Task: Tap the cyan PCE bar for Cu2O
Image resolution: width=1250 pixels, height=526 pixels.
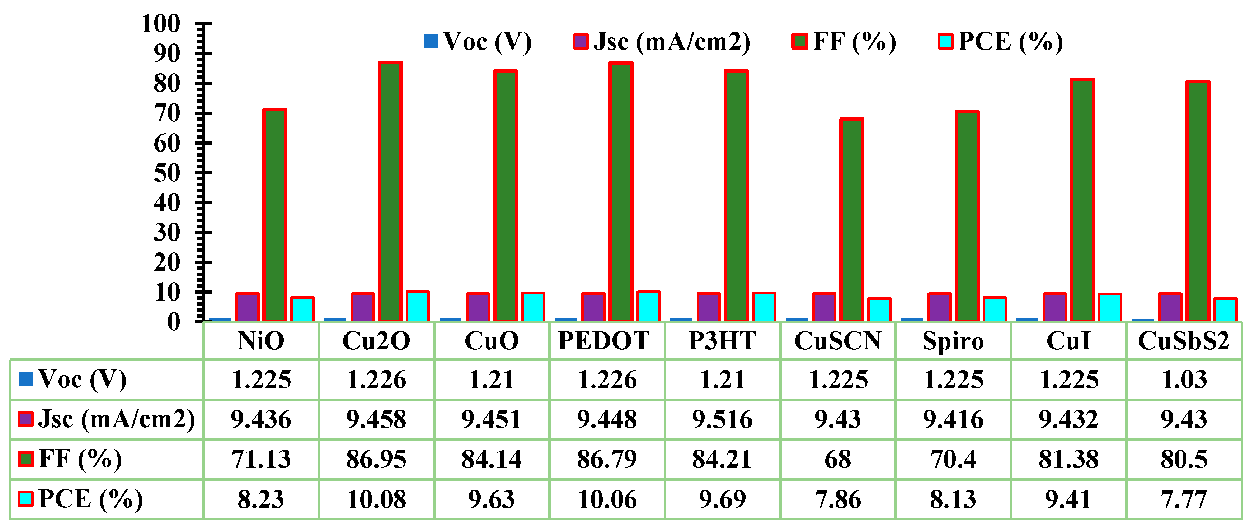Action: pos(418,307)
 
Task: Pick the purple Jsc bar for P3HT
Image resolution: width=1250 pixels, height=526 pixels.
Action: pos(709,307)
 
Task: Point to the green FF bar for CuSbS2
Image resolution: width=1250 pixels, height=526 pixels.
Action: pos(1198,201)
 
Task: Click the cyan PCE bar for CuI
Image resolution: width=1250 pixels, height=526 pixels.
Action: pos(1110,307)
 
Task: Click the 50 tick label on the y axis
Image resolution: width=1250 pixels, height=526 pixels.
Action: pos(167,173)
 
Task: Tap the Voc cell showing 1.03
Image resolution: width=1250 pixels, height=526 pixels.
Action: pos(1184,379)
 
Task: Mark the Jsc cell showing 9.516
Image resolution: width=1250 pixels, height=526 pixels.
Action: pos(722,419)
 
